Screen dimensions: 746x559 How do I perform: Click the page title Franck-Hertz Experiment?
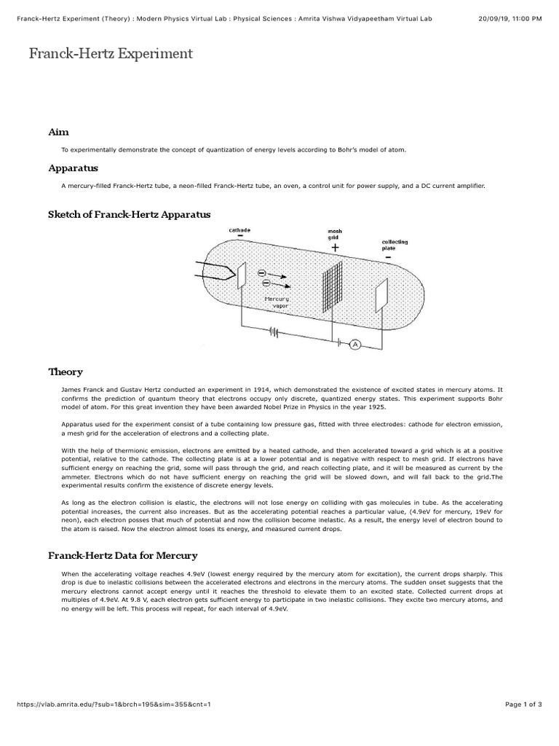tap(111, 53)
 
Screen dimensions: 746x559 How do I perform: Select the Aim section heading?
tap(58, 132)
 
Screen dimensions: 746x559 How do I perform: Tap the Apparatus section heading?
tap(73, 168)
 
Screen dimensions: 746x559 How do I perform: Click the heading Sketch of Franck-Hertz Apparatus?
tap(129, 214)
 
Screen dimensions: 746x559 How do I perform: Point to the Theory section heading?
tap(66, 372)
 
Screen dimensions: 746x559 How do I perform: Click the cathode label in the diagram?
tap(239, 230)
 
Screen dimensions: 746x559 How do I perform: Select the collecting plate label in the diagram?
tap(394, 245)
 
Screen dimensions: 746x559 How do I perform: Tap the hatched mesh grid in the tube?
tap(333, 286)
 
